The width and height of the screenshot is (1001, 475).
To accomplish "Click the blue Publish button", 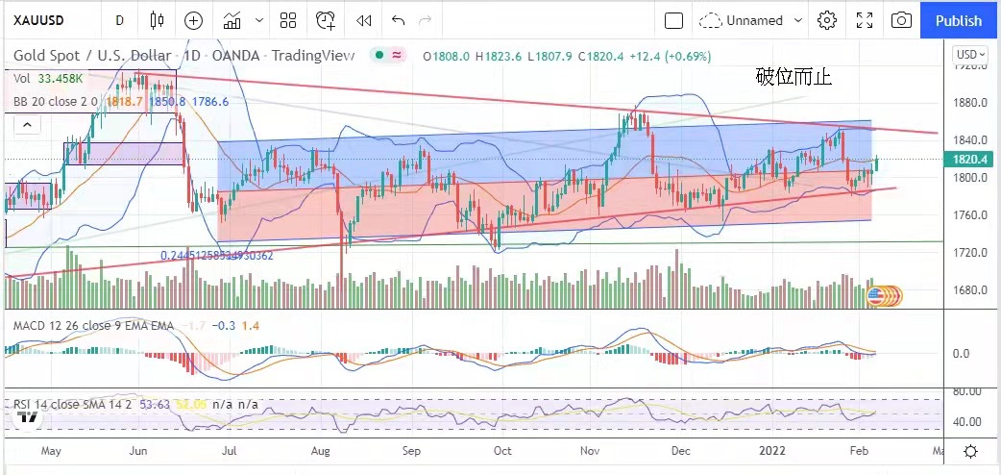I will tap(959, 20).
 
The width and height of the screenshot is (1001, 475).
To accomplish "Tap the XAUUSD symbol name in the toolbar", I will tap(38, 20).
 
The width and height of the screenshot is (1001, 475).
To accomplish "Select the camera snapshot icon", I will tap(901, 20).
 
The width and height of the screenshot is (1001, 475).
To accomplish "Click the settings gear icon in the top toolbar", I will tap(826, 20).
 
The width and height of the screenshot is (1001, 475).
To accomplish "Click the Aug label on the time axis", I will tap(321, 450).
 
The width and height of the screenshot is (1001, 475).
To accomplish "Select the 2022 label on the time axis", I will tap(773, 450).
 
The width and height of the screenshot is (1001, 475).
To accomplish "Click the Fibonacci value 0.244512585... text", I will tap(216, 256).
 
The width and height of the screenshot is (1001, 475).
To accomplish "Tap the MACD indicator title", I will tap(94, 325).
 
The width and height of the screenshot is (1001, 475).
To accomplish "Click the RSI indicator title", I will tap(75, 405).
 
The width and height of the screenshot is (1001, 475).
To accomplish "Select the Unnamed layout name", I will tap(754, 20).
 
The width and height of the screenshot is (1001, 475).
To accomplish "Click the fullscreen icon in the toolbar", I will tap(864, 20).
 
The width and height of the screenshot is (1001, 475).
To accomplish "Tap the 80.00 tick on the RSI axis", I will tap(966, 391).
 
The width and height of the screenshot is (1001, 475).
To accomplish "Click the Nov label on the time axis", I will tap(591, 450).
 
